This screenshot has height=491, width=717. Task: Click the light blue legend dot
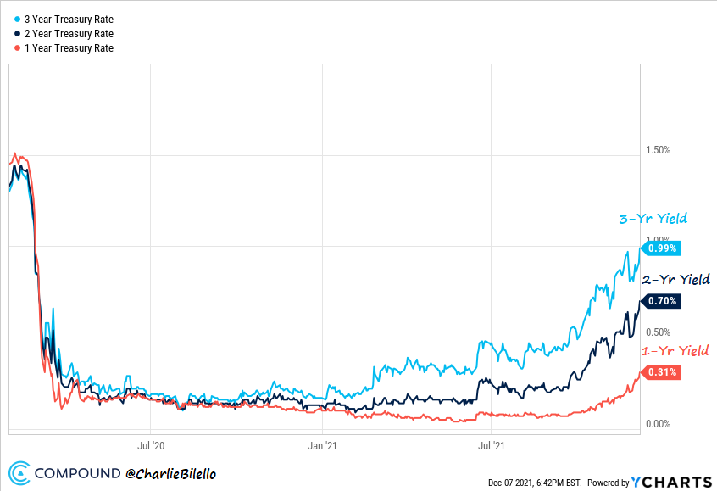[17, 19]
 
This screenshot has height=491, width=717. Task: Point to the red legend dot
[17, 48]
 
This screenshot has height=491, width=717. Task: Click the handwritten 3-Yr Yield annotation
[653, 219]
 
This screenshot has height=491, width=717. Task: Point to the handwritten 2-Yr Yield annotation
[675, 279]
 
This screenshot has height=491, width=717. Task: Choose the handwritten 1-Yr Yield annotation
[675, 350]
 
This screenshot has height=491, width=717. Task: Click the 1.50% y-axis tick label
[658, 150]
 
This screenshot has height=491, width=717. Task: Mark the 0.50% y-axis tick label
[658, 332]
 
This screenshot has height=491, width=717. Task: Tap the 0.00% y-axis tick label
[658, 424]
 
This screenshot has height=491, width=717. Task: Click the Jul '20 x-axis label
[150, 444]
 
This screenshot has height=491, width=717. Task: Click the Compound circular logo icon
[20, 472]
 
